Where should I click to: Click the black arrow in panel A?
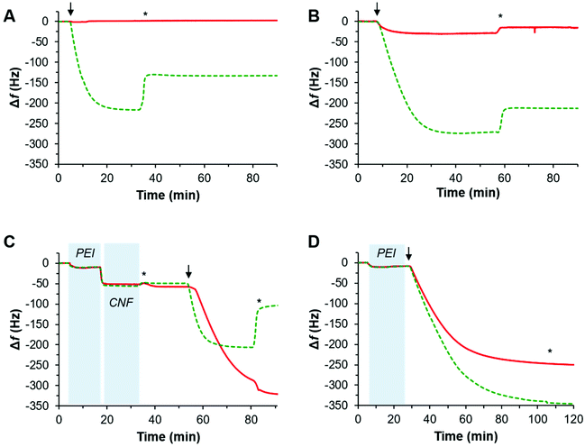coord(71,9)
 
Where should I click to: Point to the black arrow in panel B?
coord(377,9)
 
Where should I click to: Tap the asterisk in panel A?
coord(146,15)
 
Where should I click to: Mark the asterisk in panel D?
coord(549,351)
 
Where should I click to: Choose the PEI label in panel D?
coord(385,253)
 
